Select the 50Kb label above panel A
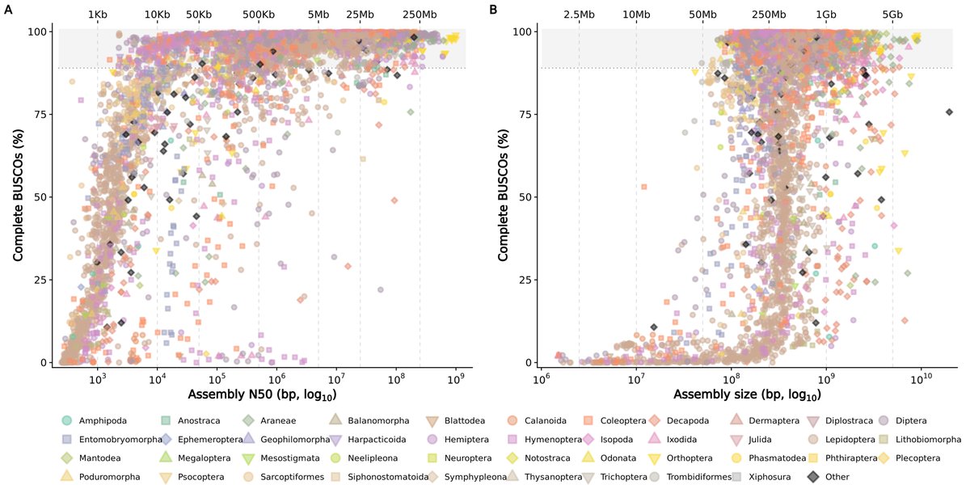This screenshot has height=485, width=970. tap(199, 15)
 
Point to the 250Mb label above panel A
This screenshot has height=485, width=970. tap(420, 15)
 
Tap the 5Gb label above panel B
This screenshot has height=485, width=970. tap(892, 15)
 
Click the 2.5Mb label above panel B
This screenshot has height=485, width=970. tap(579, 15)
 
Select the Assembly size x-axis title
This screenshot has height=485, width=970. tap(747, 395)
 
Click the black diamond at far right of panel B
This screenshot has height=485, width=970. tap(950, 112)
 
